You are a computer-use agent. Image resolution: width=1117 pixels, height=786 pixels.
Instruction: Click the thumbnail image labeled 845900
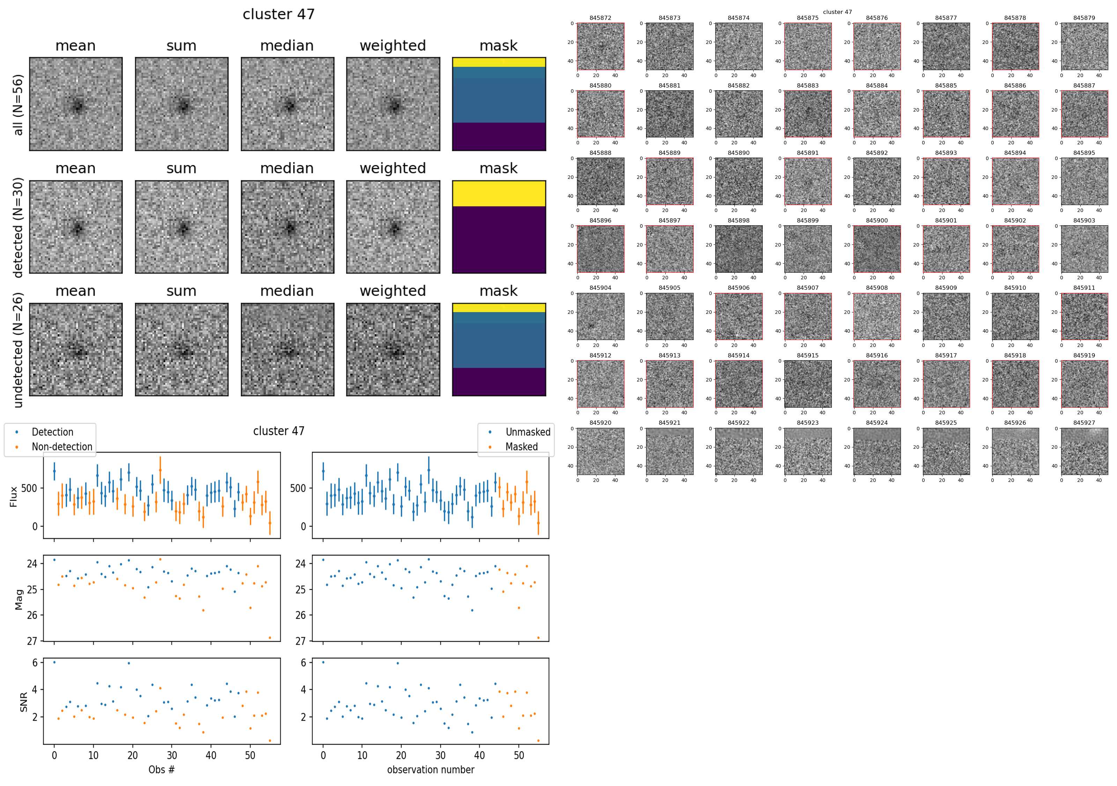tap(876, 249)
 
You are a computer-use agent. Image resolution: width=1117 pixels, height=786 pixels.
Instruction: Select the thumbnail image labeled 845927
tap(1084, 451)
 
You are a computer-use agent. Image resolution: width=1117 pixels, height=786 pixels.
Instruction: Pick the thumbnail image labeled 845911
tap(1084, 316)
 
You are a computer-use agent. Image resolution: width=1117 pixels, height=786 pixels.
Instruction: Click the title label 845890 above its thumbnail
tap(739, 153)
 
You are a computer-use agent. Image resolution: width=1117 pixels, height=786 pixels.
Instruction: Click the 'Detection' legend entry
tap(52, 432)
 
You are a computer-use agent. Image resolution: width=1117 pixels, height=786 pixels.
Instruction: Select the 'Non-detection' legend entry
tap(62, 447)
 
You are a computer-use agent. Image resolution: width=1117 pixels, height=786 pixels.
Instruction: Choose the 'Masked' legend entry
tap(521, 447)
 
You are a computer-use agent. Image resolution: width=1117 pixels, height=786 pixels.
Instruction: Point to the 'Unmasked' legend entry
tap(528, 432)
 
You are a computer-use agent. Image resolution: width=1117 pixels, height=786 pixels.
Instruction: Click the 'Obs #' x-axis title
tap(162, 770)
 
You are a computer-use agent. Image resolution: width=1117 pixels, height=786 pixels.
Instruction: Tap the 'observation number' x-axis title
tap(430, 770)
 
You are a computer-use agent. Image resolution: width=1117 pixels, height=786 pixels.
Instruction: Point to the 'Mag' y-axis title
tap(19, 599)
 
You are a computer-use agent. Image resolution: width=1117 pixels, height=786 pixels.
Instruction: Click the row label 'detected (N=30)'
tap(18, 227)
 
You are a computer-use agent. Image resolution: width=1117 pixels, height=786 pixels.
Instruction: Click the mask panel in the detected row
tap(499, 227)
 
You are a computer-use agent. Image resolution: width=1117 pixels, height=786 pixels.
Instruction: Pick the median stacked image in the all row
tap(287, 104)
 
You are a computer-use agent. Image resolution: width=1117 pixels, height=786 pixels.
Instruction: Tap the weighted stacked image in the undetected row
tap(393, 349)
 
